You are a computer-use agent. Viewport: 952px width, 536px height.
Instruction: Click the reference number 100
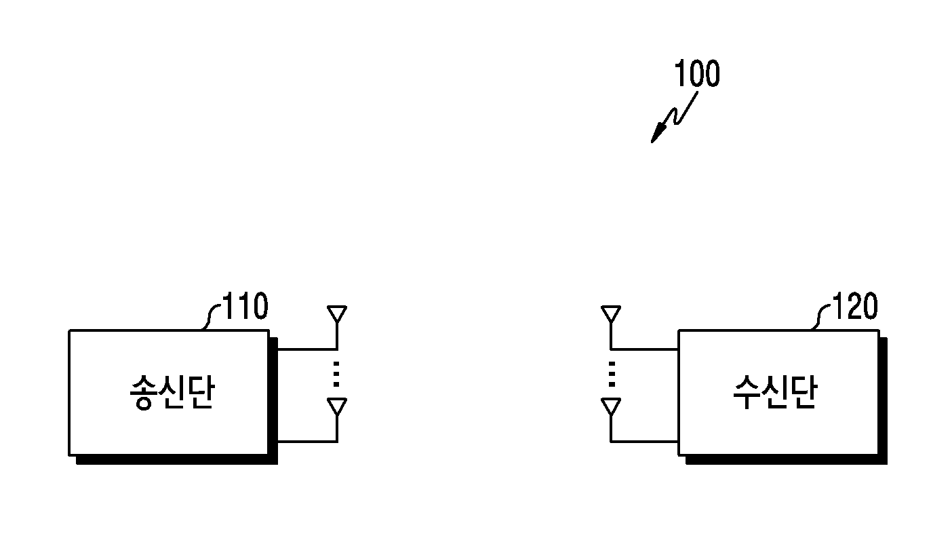[x=697, y=73]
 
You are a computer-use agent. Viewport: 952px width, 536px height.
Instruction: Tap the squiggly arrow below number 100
[x=677, y=116]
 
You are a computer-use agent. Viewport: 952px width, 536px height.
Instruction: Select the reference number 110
[x=245, y=306]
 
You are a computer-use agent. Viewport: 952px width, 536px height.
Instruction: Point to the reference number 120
[x=855, y=306]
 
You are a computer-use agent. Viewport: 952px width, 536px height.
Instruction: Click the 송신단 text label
[x=172, y=392]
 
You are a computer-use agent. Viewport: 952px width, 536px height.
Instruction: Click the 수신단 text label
[x=775, y=391]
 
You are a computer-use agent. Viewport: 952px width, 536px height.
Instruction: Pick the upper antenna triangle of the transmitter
[x=337, y=314]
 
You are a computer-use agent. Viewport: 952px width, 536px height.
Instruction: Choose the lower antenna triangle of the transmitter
[x=337, y=406]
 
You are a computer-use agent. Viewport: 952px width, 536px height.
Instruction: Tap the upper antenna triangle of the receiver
[x=611, y=314]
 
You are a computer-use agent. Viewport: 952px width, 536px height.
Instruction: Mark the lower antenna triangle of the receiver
[x=611, y=406]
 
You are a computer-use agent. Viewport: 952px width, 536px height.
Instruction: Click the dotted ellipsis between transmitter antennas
[x=336, y=374]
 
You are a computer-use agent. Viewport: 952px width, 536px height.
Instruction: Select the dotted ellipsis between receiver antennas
[x=612, y=374]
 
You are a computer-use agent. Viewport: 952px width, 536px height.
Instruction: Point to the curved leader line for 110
[x=210, y=316]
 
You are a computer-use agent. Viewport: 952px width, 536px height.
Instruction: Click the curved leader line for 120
[x=820, y=316]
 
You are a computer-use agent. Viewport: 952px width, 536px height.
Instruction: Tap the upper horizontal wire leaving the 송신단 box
[x=307, y=349]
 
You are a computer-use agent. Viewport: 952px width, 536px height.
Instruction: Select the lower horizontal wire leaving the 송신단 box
[x=307, y=442]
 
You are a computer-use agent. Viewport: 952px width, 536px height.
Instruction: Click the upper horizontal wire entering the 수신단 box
[x=644, y=349]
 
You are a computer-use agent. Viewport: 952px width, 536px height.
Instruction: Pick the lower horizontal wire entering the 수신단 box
[x=644, y=442]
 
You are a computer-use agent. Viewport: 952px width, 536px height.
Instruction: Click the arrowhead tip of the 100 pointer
[x=652, y=142]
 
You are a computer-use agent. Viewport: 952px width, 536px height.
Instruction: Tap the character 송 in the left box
[x=144, y=392]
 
